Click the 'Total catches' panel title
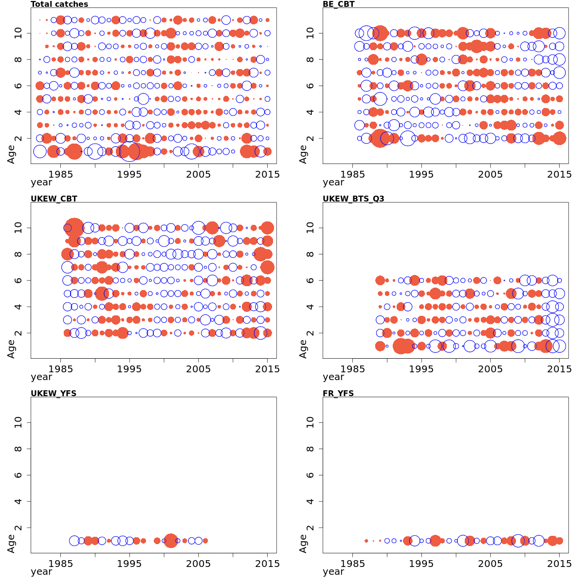coord(59,4)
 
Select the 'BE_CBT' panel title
coord(339,4)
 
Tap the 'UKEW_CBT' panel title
coord(54,199)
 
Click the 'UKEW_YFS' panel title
coord(54,393)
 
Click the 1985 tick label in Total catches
coord(61,174)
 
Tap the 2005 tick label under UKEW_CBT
coord(198,369)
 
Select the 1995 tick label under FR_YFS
coord(421,564)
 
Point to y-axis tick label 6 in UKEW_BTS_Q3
coord(310,280)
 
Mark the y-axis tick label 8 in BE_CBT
coord(310,59)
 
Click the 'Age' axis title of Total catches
coord(11,154)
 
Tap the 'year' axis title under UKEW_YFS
coord(41,572)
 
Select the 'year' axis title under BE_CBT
coord(333,182)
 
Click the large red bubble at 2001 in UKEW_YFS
coord(171,541)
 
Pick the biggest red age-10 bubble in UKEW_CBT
coord(74,228)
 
